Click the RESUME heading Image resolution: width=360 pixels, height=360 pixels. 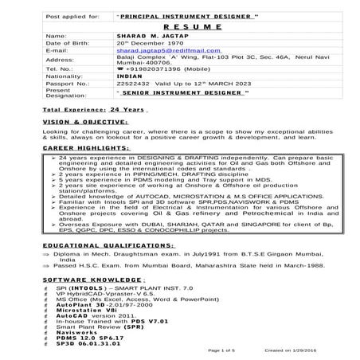pyautogui.click(x=180, y=25)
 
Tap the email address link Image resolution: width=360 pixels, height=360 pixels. pyautogui.click(x=159, y=49)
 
